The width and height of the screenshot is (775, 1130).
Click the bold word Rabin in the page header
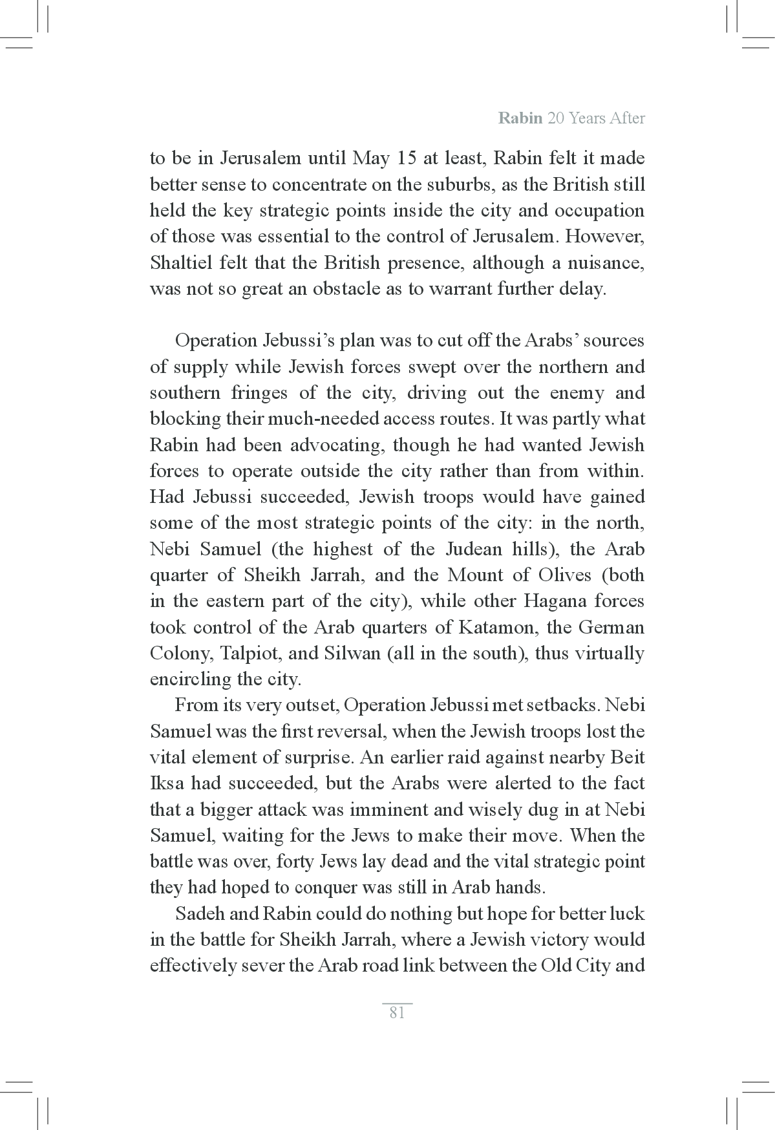(x=520, y=118)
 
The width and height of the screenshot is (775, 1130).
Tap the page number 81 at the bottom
(x=397, y=1012)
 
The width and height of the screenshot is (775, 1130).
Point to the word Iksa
(x=167, y=784)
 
